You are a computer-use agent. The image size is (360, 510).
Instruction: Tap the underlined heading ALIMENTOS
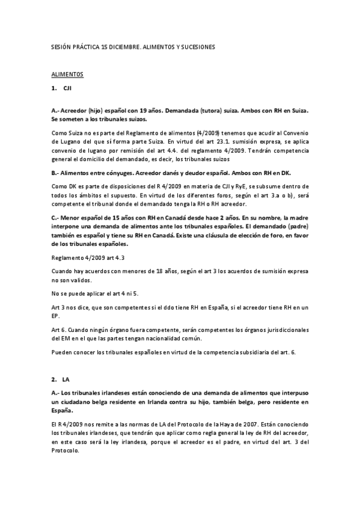[67, 75]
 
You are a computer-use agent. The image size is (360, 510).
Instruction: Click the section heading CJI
[67, 89]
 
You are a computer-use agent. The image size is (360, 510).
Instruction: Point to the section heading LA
[66, 380]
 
